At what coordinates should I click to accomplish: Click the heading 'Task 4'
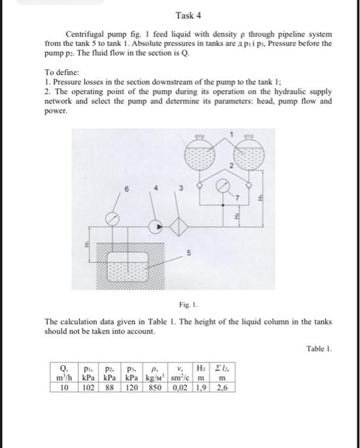(x=187, y=15)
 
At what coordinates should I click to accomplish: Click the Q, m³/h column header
(x=64, y=372)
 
